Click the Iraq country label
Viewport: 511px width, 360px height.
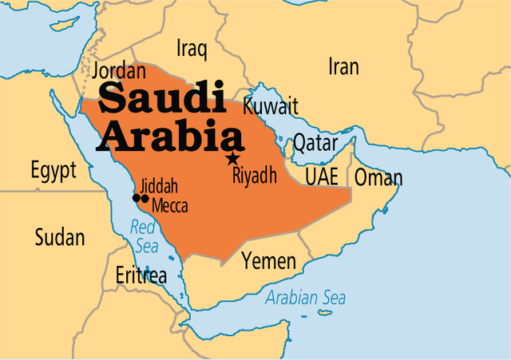tap(192, 49)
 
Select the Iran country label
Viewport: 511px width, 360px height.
tap(343, 67)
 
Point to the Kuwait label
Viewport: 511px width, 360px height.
tap(271, 106)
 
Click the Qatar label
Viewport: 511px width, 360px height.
tap(315, 144)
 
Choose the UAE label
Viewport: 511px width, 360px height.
tap(322, 176)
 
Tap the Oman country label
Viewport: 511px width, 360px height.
tap(378, 177)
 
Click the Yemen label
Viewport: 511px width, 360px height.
tap(269, 261)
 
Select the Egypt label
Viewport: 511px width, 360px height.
tap(53, 170)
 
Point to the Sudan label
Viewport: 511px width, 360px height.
tap(59, 236)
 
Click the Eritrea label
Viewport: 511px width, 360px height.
tap(141, 276)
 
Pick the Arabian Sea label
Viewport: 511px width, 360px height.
tap(307, 299)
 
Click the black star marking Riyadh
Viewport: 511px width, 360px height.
tap(233, 158)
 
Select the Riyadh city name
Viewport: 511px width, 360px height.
tap(254, 176)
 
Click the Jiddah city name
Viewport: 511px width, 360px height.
tap(158, 187)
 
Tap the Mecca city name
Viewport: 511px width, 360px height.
tap(169, 206)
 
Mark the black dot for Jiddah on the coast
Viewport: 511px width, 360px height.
tap(136, 198)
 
